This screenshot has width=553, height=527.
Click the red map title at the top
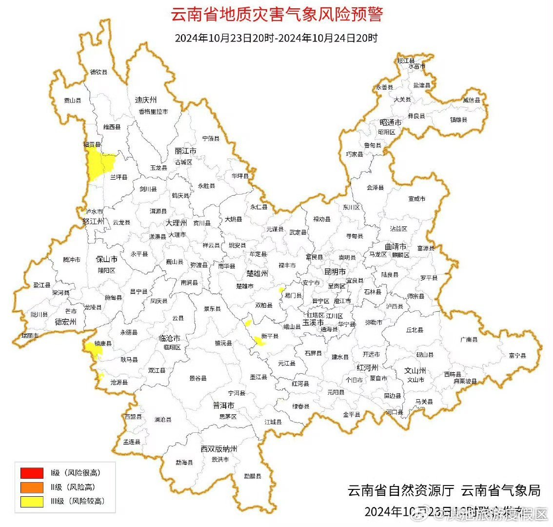(276, 14)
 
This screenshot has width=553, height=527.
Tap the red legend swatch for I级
(32, 473)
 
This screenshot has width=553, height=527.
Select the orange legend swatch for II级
(32, 487)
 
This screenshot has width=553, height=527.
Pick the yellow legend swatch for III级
(32, 501)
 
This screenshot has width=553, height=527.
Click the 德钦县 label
(99, 72)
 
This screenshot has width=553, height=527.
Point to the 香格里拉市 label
(153, 112)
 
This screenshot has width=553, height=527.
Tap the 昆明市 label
(335, 271)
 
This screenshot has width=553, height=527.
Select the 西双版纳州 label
(218, 448)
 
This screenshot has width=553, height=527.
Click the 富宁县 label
(517, 356)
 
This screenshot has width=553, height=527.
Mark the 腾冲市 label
(72, 260)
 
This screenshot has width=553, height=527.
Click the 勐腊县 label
(253, 476)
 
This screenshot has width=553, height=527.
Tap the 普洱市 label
(223, 406)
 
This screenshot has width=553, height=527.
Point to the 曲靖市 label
(395, 246)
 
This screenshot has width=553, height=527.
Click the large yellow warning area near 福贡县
(98, 163)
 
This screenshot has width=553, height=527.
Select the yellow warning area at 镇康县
(93, 349)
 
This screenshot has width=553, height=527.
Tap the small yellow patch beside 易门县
(281, 290)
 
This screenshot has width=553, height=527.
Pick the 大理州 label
(176, 223)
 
